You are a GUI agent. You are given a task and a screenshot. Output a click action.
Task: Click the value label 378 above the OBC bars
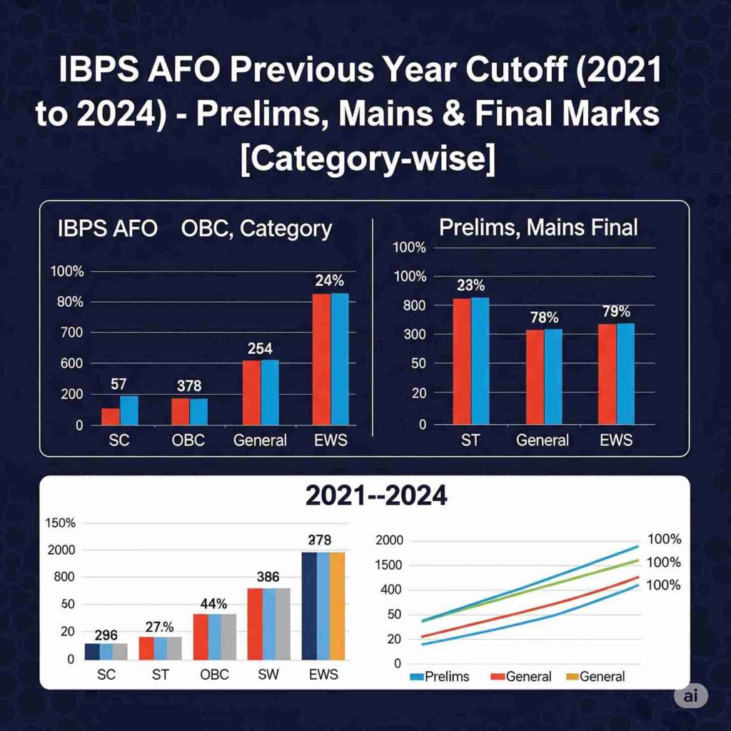click(x=189, y=386)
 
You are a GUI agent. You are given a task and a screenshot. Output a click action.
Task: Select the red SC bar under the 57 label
click(x=110, y=416)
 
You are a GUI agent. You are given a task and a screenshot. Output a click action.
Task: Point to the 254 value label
click(x=261, y=348)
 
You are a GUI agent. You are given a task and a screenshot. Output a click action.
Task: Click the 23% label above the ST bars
click(x=470, y=284)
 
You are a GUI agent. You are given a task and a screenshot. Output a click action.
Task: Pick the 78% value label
click(x=544, y=317)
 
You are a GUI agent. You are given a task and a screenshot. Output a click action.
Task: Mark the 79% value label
click(x=615, y=311)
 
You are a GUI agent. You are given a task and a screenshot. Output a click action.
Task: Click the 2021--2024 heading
click(x=375, y=495)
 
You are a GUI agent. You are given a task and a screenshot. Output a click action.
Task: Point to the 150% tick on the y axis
click(x=60, y=523)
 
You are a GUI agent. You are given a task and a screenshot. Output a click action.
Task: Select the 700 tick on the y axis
click(x=66, y=333)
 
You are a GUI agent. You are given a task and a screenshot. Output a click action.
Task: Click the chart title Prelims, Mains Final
click(x=538, y=228)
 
